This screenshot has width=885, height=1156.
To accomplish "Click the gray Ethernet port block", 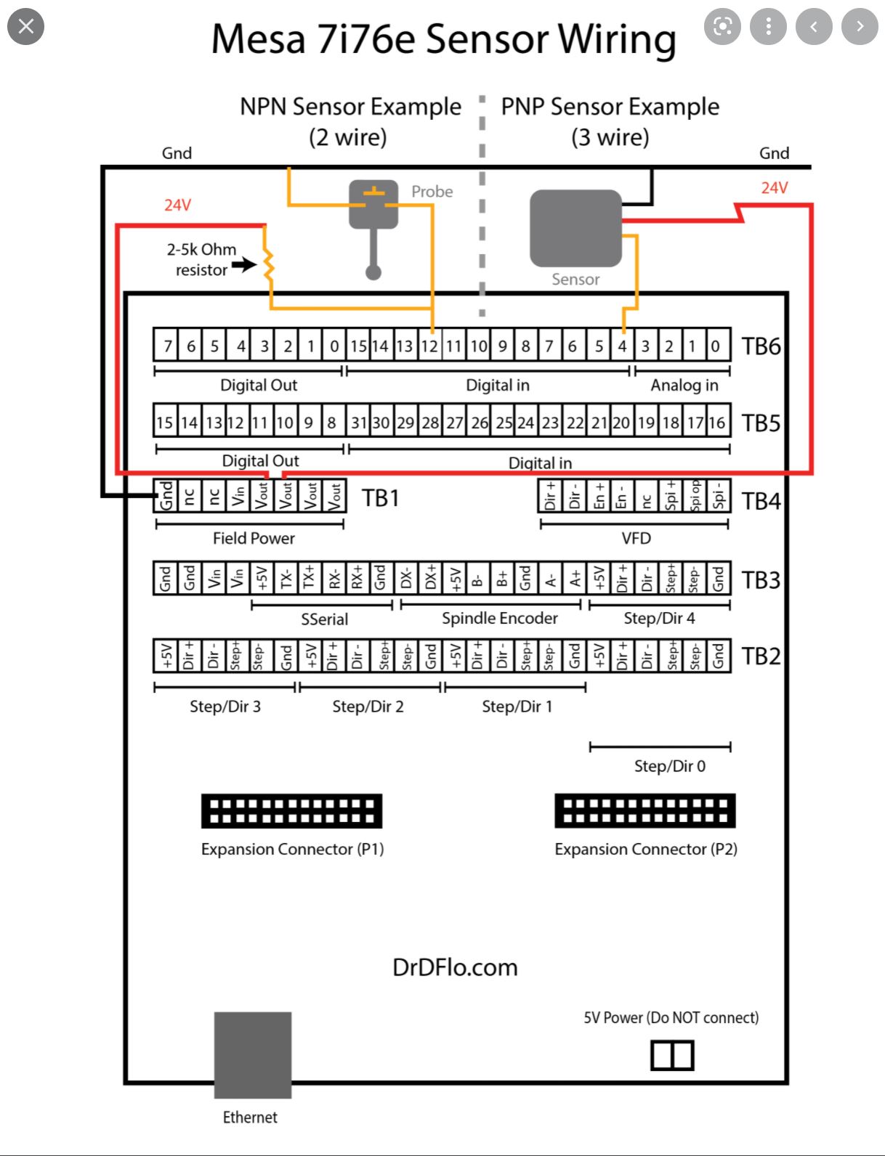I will (x=252, y=1054).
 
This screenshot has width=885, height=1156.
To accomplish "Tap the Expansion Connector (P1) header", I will (x=291, y=811).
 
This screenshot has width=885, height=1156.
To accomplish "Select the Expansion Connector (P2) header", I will (x=644, y=811).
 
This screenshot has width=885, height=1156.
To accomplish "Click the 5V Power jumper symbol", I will (x=672, y=1055).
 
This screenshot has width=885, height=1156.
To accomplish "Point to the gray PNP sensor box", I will (x=575, y=228).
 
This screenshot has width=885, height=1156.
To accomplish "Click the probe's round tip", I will (x=373, y=272).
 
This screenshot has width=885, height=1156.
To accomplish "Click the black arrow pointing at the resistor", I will (x=245, y=265).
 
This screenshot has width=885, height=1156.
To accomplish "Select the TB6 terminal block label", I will (x=761, y=346).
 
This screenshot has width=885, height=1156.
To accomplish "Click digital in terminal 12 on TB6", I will (x=430, y=346).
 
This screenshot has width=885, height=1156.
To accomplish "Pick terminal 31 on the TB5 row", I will (x=358, y=423).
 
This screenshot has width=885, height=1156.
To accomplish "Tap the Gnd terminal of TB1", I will (x=166, y=497).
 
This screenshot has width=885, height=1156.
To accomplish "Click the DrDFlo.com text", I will (x=455, y=967).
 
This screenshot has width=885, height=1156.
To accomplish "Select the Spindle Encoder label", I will (x=500, y=618).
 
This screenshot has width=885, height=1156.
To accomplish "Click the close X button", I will (x=25, y=27).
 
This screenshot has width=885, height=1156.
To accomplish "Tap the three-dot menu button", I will (x=768, y=27).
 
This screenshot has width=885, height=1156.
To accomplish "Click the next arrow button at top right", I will (x=860, y=27).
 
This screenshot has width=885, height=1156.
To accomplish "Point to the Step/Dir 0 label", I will (x=669, y=766).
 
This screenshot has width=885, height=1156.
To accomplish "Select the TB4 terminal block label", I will (x=761, y=501).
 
